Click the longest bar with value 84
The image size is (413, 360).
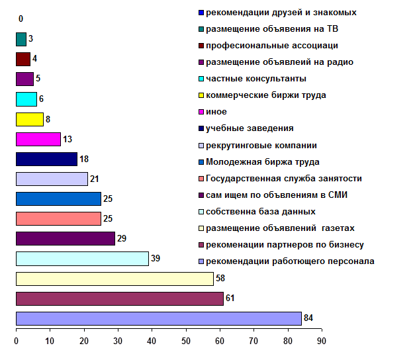tap(158, 318)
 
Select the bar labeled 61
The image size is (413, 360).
tap(119, 298)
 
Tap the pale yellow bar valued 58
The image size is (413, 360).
tap(114, 279)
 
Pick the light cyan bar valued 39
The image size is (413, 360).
tap(82, 259)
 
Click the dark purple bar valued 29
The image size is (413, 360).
tap(65, 239)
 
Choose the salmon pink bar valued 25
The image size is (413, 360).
tap(58, 219)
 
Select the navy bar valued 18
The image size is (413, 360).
tap(46, 159)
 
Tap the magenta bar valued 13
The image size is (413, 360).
tap(38, 140)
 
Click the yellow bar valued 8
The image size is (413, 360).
tap(29, 120)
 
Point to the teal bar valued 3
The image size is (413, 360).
tap(21, 39)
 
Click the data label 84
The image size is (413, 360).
tap(308, 318)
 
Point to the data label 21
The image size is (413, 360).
tap(95, 179)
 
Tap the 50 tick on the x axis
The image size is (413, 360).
tap(185, 341)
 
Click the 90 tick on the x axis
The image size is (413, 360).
tap(321, 341)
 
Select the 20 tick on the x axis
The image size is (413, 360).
tap(84, 341)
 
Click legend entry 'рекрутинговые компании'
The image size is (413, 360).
tap(261, 145)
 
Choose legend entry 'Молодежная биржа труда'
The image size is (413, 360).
tap(262, 161)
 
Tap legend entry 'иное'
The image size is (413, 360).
tap(216, 112)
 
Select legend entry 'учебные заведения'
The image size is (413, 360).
tap(250, 128)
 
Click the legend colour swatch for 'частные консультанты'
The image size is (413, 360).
tap(201, 79)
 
